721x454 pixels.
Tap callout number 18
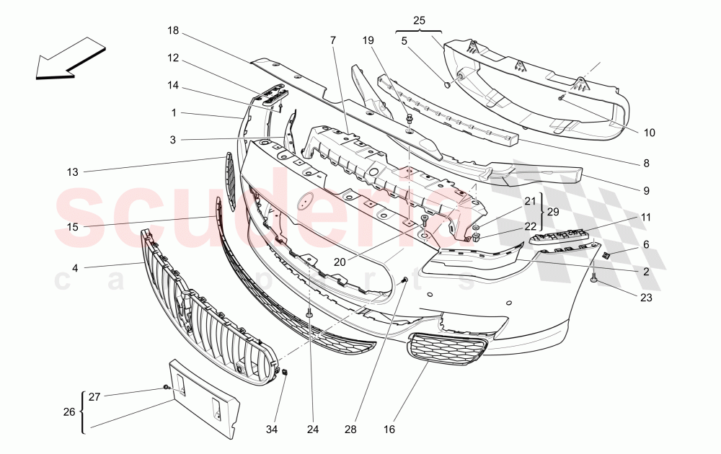point(173,31)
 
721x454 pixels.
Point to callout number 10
point(650,132)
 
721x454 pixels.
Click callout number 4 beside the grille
point(74,268)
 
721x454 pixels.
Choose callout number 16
point(389,429)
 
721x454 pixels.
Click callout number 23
point(646,296)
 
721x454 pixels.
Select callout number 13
point(72,172)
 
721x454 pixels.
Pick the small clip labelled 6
point(606,254)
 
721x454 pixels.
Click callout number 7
point(333,40)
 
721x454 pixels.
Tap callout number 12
point(173,58)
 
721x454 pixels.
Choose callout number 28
point(350,429)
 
